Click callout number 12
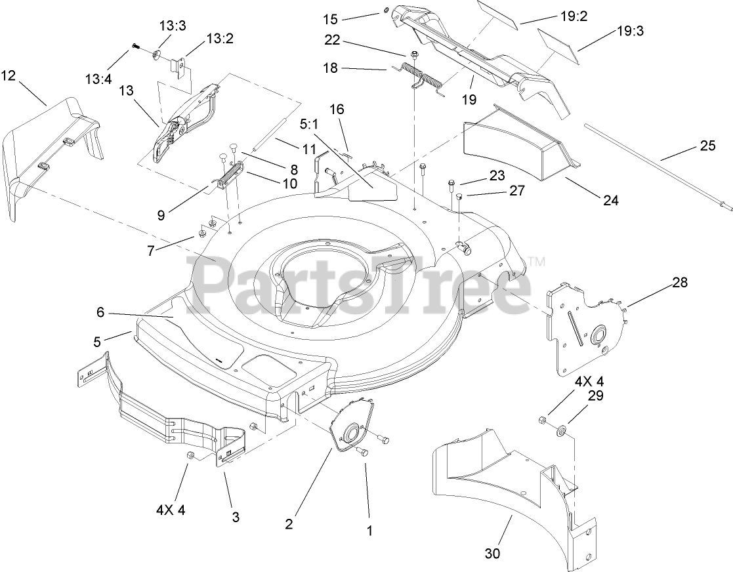[x=9, y=75]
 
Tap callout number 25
[x=707, y=146]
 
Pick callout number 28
[x=679, y=283]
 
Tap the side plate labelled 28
[x=584, y=328]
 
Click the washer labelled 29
[x=562, y=432]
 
